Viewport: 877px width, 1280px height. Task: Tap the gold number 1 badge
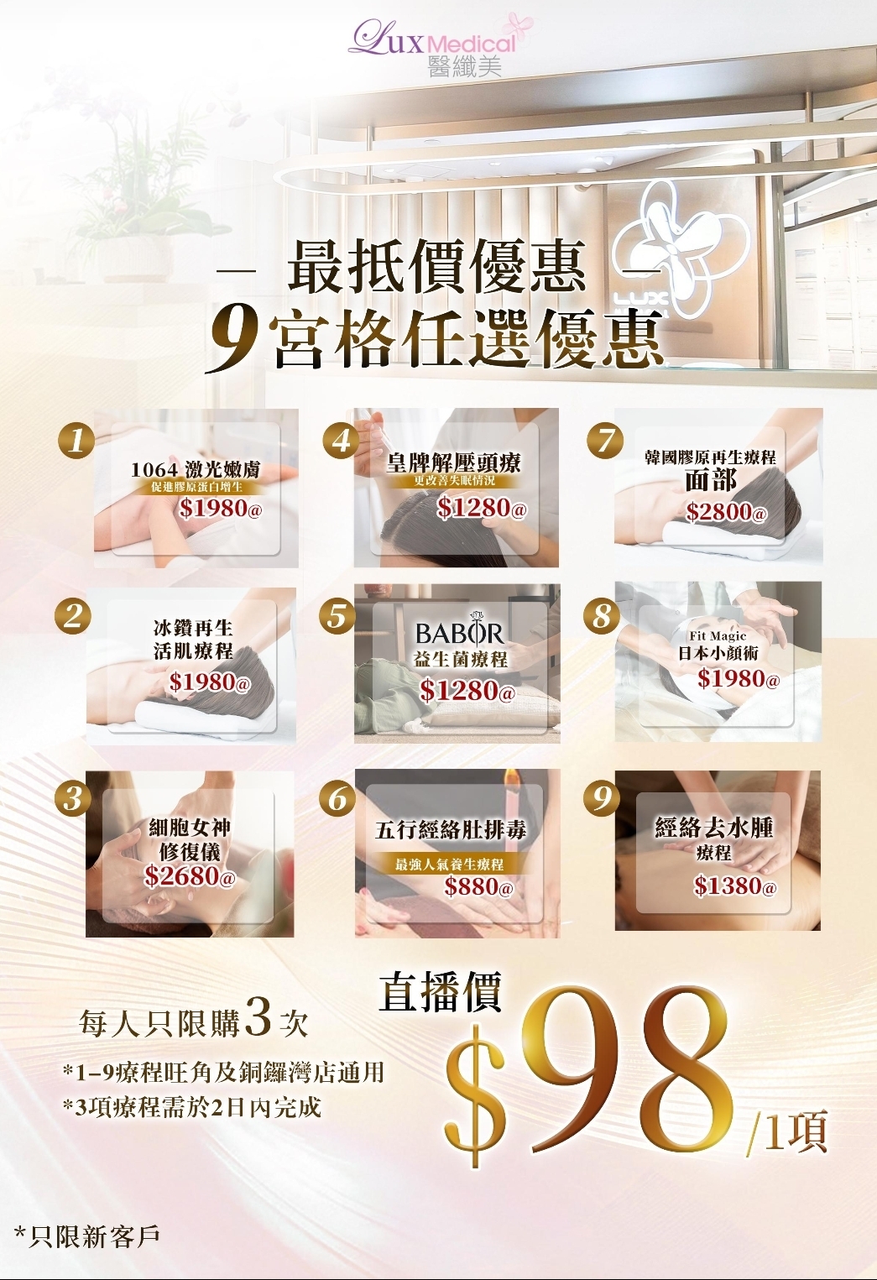76,439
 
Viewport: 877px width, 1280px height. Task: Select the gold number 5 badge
337,616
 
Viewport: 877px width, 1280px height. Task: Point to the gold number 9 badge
602,797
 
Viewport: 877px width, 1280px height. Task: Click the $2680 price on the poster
189,876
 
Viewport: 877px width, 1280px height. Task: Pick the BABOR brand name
460,634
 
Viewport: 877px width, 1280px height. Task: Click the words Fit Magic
718,636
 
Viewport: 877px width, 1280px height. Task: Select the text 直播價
441,992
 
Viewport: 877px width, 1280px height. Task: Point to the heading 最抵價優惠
436,267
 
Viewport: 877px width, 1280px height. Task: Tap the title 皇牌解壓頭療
454,462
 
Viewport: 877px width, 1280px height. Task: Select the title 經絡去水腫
714,828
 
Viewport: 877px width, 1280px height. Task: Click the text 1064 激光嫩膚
196,470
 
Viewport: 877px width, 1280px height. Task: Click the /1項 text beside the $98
786,1132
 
